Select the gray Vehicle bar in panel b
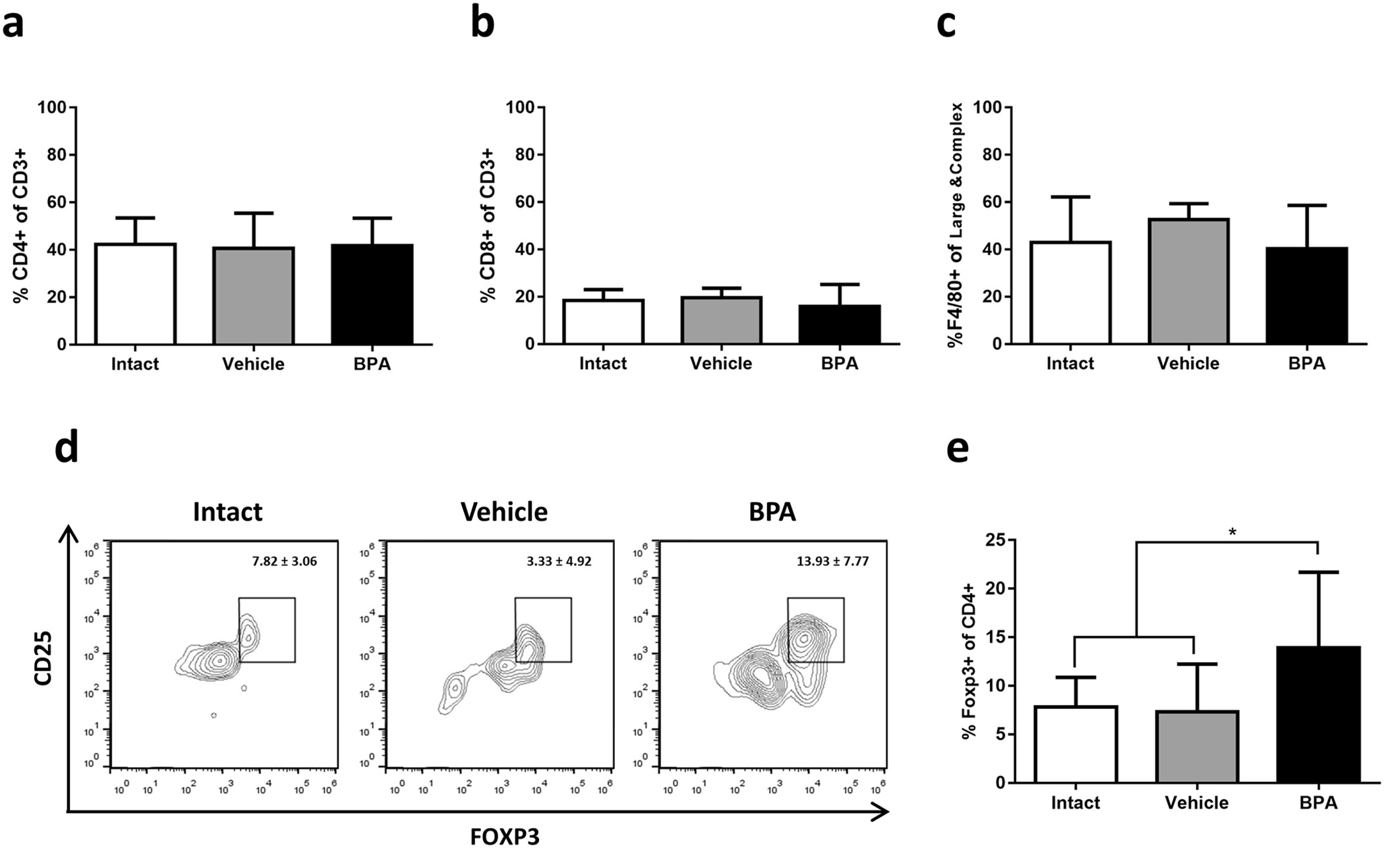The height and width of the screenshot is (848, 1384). [x=721, y=320]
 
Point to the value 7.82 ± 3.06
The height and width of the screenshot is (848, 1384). [x=285, y=561]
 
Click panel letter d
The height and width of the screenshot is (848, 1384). [x=66, y=447]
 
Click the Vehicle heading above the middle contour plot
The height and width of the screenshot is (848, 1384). [x=504, y=512]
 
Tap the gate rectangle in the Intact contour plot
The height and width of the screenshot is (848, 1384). [x=267, y=629]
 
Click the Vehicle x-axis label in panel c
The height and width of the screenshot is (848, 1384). [x=1188, y=363]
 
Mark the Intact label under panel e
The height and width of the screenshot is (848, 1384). [x=1076, y=803]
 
